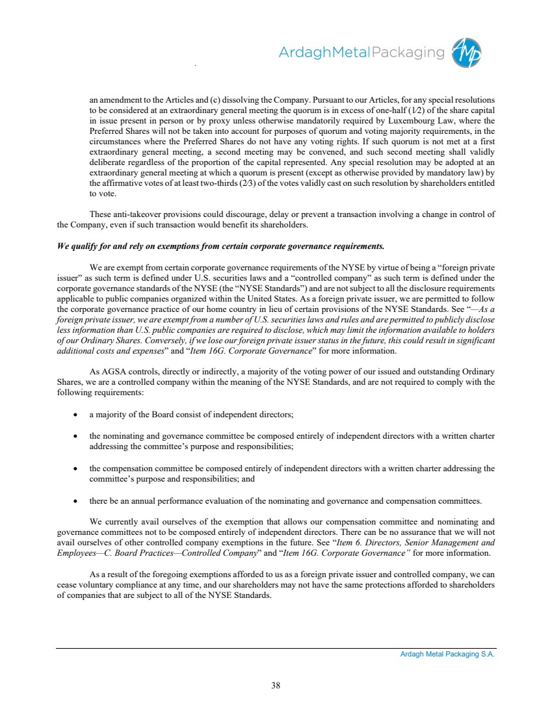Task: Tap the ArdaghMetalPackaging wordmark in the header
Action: click(361, 53)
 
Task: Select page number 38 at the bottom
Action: click(276, 684)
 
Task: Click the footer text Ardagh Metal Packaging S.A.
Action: click(447, 655)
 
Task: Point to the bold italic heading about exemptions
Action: click(220, 246)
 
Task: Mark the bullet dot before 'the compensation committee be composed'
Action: click(77, 469)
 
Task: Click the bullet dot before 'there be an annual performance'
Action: click(77, 501)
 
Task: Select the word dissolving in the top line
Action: click(241, 101)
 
